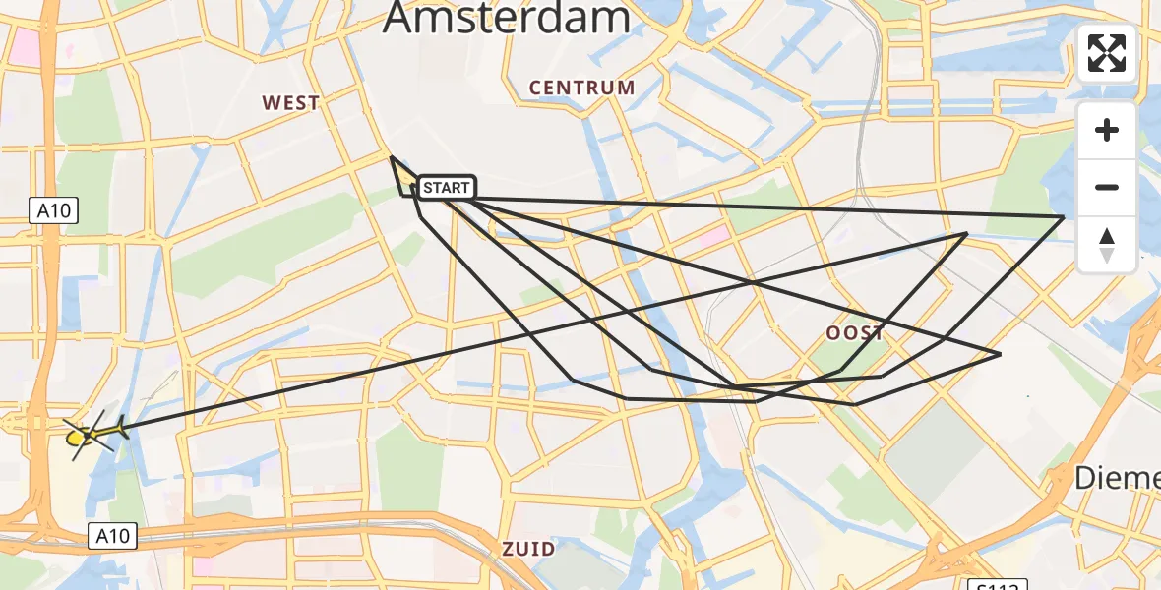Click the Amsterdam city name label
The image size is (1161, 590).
[x=507, y=18]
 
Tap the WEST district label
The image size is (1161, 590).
[x=290, y=102]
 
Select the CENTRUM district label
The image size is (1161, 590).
[x=581, y=88]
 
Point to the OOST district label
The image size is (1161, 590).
[x=854, y=333]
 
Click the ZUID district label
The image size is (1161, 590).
[x=528, y=549]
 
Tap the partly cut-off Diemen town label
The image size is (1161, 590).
[x=1116, y=478]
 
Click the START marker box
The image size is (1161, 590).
[x=447, y=187]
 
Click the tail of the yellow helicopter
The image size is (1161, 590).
[x=120, y=427]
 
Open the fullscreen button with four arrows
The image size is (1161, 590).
[x=1107, y=53]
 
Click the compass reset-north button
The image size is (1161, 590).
[x=1107, y=245]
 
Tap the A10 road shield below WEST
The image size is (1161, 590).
[x=53, y=209]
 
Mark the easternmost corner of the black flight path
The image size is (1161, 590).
[x=1064, y=216]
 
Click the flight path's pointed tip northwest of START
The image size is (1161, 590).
[x=392, y=156]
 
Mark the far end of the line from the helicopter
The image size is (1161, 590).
[x=966, y=233]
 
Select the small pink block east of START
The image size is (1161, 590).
[x=715, y=235]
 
